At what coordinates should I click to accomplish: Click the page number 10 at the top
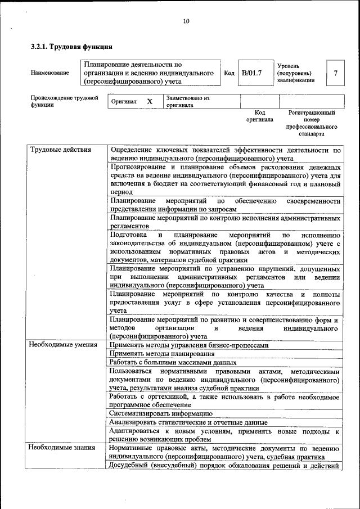pyautogui.click(x=186, y=21)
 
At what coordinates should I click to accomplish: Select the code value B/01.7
pyautogui.click(x=252, y=73)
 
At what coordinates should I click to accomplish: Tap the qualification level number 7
pyautogui.click(x=336, y=73)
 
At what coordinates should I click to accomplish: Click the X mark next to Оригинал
pyautogui.click(x=150, y=102)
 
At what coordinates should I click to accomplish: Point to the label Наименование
pyautogui.click(x=50, y=73)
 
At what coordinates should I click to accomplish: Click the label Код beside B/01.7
pyautogui.click(x=229, y=73)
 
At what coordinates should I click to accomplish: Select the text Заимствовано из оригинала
pyautogui.click(x=187, y=102)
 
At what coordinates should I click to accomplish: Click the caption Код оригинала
pyautogui.click(x=259, y=116)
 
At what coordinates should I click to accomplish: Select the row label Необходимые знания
pyautogui.click(x=59, y=448)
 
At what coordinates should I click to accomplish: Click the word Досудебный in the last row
pyautogui.click(x=128, y=465)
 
